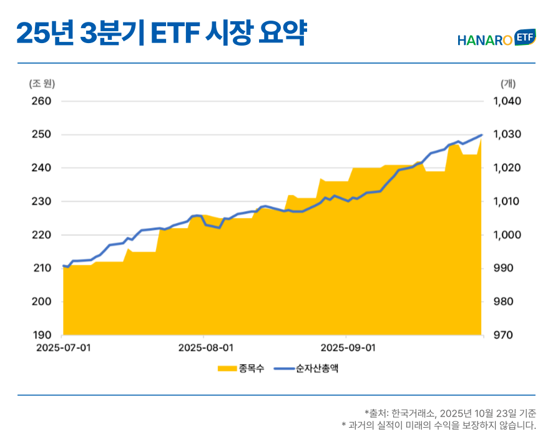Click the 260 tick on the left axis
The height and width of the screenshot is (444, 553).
[x=41, y=101]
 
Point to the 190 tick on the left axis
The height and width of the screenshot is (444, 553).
[x=41, y=335]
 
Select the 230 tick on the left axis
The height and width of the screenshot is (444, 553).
[x=41, y=202]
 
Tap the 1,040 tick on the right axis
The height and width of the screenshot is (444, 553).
[x=507, y=101]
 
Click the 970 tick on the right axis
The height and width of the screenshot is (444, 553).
[x=502, y=335]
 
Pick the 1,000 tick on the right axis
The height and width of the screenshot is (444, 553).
[x=507, y=235]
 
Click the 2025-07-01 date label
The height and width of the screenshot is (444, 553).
[x=63, y=347]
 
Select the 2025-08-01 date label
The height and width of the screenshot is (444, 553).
[x=205, y=347]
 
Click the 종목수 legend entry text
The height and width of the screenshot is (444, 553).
[x=250, y=368]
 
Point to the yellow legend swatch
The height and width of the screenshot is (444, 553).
[x=227, y=368]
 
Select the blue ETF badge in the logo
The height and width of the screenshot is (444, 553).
[x=525, y=37]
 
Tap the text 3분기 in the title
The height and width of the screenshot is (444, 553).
[x=112, y=33]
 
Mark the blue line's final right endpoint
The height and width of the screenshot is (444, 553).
[x=481, y=135]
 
